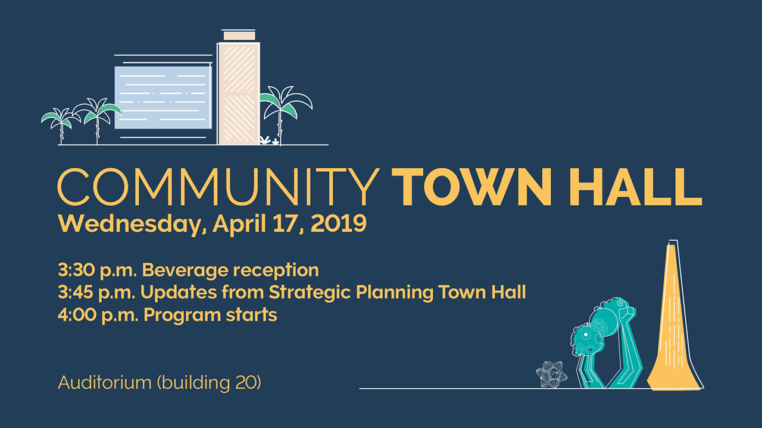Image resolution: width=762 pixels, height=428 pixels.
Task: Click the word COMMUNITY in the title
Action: click(x=218, y=187)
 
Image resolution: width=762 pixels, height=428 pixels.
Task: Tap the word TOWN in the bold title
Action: click(x=471, y=187)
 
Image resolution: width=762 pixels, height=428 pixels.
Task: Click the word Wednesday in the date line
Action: click(x=132, y=224)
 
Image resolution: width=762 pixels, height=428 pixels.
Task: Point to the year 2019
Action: click(x=339, y=224)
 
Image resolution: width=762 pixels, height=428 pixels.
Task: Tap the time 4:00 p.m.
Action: click(x=98, y=315)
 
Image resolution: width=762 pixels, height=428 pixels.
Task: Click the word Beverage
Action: click(x=185, y=271)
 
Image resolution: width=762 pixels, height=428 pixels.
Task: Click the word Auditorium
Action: click(x=105, y=383)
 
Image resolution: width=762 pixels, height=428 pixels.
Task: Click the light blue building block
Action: click(x=163, y=97)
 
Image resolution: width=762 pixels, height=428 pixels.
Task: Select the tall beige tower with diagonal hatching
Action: click(x=239, y=93)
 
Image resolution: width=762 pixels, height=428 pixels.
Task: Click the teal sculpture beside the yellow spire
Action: click(x=605, y=343)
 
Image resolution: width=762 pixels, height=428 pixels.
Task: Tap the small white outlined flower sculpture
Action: click(x=551, y=374)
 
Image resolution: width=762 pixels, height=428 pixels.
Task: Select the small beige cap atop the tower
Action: click(x=239, y=36)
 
